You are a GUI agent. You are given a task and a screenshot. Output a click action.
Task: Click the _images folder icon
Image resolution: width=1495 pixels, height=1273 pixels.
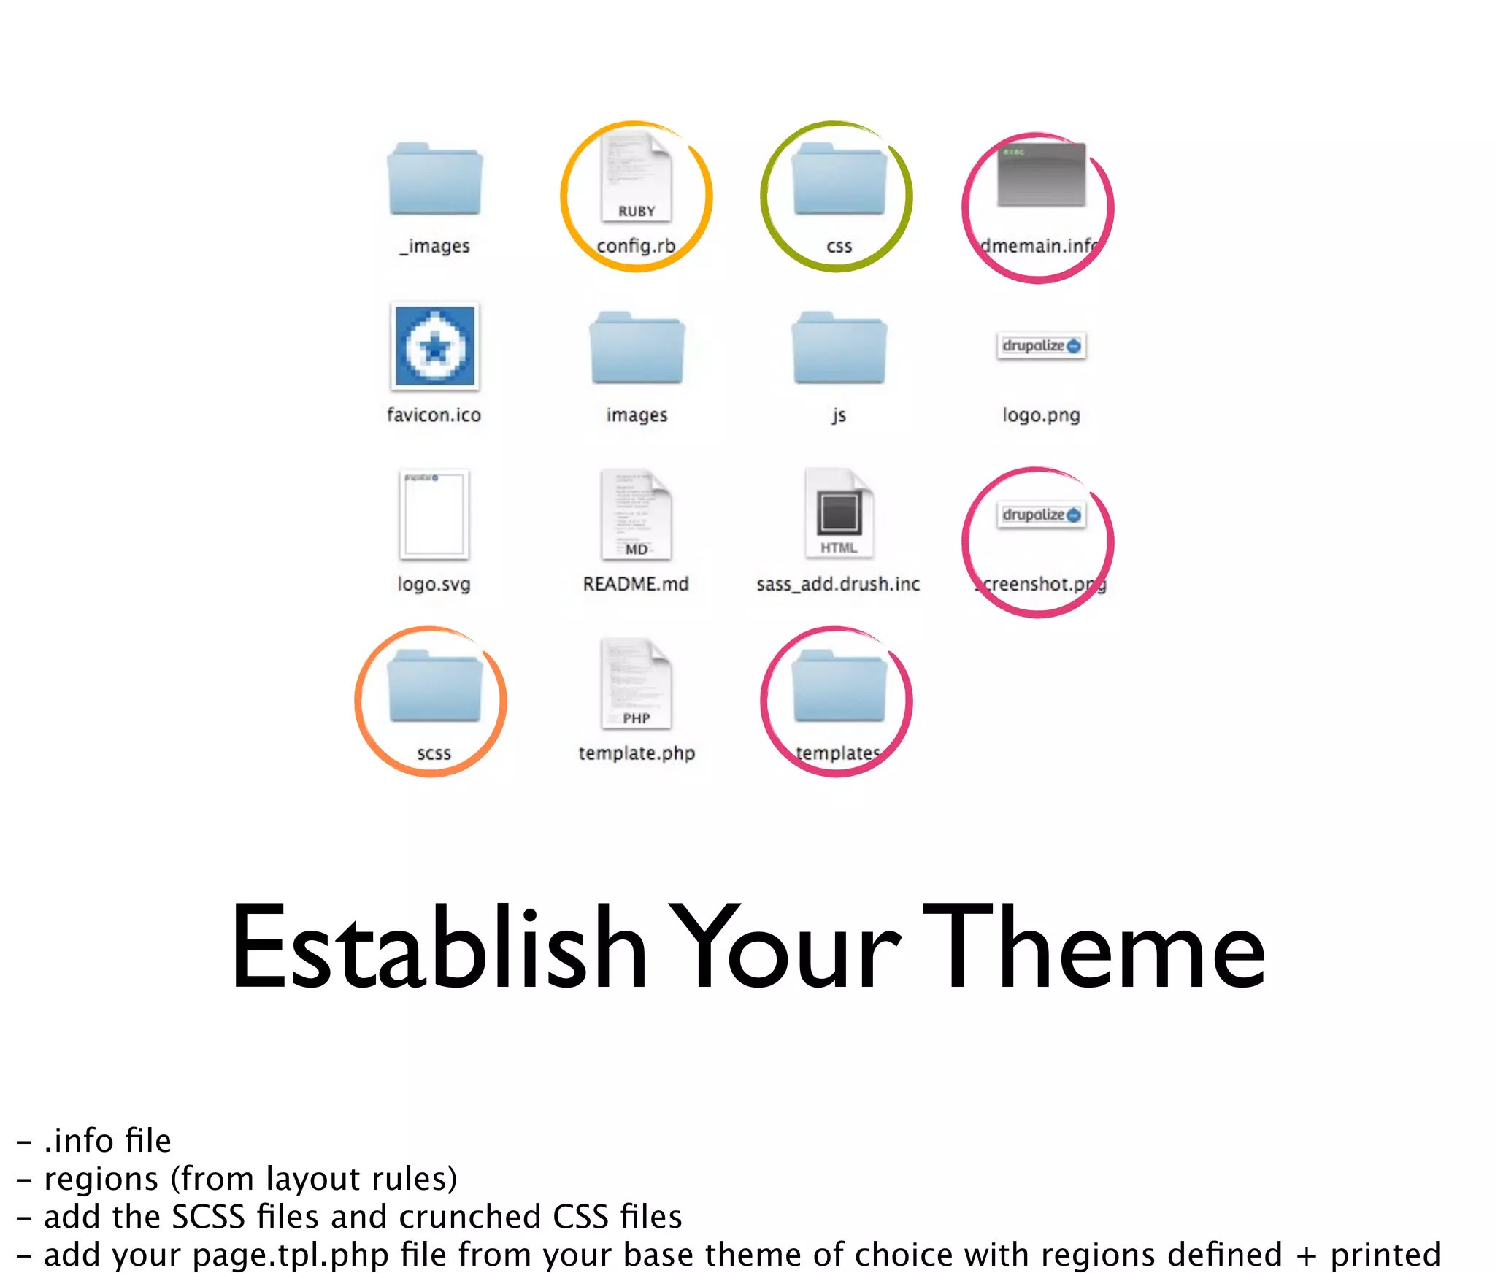[435, 180]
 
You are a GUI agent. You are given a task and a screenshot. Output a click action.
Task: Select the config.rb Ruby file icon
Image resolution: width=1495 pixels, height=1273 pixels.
[636, 180]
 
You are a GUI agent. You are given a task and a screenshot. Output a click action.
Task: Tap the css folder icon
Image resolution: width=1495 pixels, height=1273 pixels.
[839, 180]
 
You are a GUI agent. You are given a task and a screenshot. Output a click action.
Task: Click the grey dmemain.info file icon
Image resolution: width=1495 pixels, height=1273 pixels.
[1041, 175]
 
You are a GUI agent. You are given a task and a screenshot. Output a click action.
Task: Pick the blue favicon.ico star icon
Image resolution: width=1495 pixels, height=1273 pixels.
[435, 346]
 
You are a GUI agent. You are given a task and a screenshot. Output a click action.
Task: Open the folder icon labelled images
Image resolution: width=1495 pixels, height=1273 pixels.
[637, 349]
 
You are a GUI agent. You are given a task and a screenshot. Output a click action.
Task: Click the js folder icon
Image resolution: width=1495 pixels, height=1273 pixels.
[839, 349]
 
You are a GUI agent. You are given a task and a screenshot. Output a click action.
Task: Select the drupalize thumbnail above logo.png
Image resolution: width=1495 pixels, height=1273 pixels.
[1041, 346]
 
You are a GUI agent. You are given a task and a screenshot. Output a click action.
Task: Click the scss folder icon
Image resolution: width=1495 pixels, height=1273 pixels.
[435, 686]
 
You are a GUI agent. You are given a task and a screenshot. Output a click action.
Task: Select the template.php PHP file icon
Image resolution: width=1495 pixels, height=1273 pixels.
[636, 685]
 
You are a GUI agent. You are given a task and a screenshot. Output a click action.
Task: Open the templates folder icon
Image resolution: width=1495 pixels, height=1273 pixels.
[839, 686]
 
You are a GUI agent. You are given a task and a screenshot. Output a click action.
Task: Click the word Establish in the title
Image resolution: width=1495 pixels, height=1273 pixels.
[439, 948]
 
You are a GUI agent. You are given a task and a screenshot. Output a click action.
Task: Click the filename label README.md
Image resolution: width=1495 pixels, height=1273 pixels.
[636, 584]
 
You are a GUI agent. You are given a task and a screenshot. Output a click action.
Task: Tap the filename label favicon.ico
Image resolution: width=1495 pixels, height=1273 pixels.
[434, 415]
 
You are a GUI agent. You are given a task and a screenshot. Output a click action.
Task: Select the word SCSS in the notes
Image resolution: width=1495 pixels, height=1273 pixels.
[208, 1217]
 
